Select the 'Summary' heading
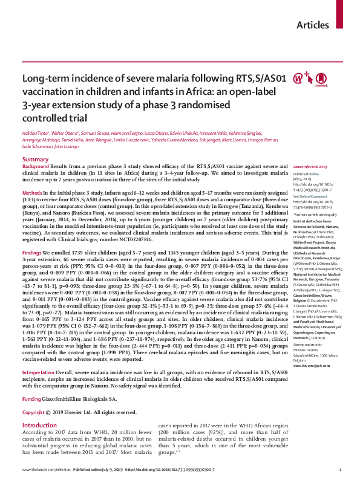[36, 158]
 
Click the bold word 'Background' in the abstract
[36, 166]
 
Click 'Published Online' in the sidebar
[305, 173]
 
